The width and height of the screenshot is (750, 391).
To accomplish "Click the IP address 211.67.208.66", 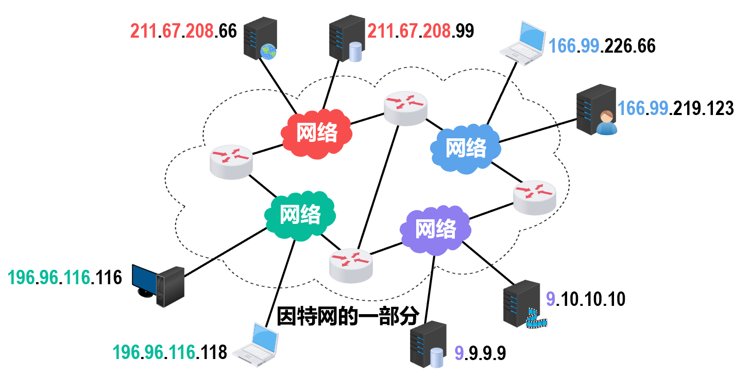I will [x=183, y=31].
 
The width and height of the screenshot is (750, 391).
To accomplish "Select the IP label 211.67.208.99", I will [x=420, y=31].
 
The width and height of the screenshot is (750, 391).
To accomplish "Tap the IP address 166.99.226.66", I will [x=602, y=46].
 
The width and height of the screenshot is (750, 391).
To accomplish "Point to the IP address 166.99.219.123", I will [x=675, y=108].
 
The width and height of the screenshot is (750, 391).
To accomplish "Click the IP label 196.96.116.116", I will [x=65, y=278].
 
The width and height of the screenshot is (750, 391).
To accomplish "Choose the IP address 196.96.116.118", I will [x=169, y=352].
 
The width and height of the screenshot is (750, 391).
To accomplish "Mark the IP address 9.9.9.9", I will [x=480, y=353].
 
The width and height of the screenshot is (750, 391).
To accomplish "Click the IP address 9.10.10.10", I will [x=585, y=299].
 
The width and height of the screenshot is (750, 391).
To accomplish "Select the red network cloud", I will [x=316, y=133].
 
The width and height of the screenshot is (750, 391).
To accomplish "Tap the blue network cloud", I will [x=466, y=148].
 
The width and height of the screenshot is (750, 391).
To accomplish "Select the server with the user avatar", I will [x=596, y=109].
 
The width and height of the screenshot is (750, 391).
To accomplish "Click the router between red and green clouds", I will [x=231, y=162].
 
